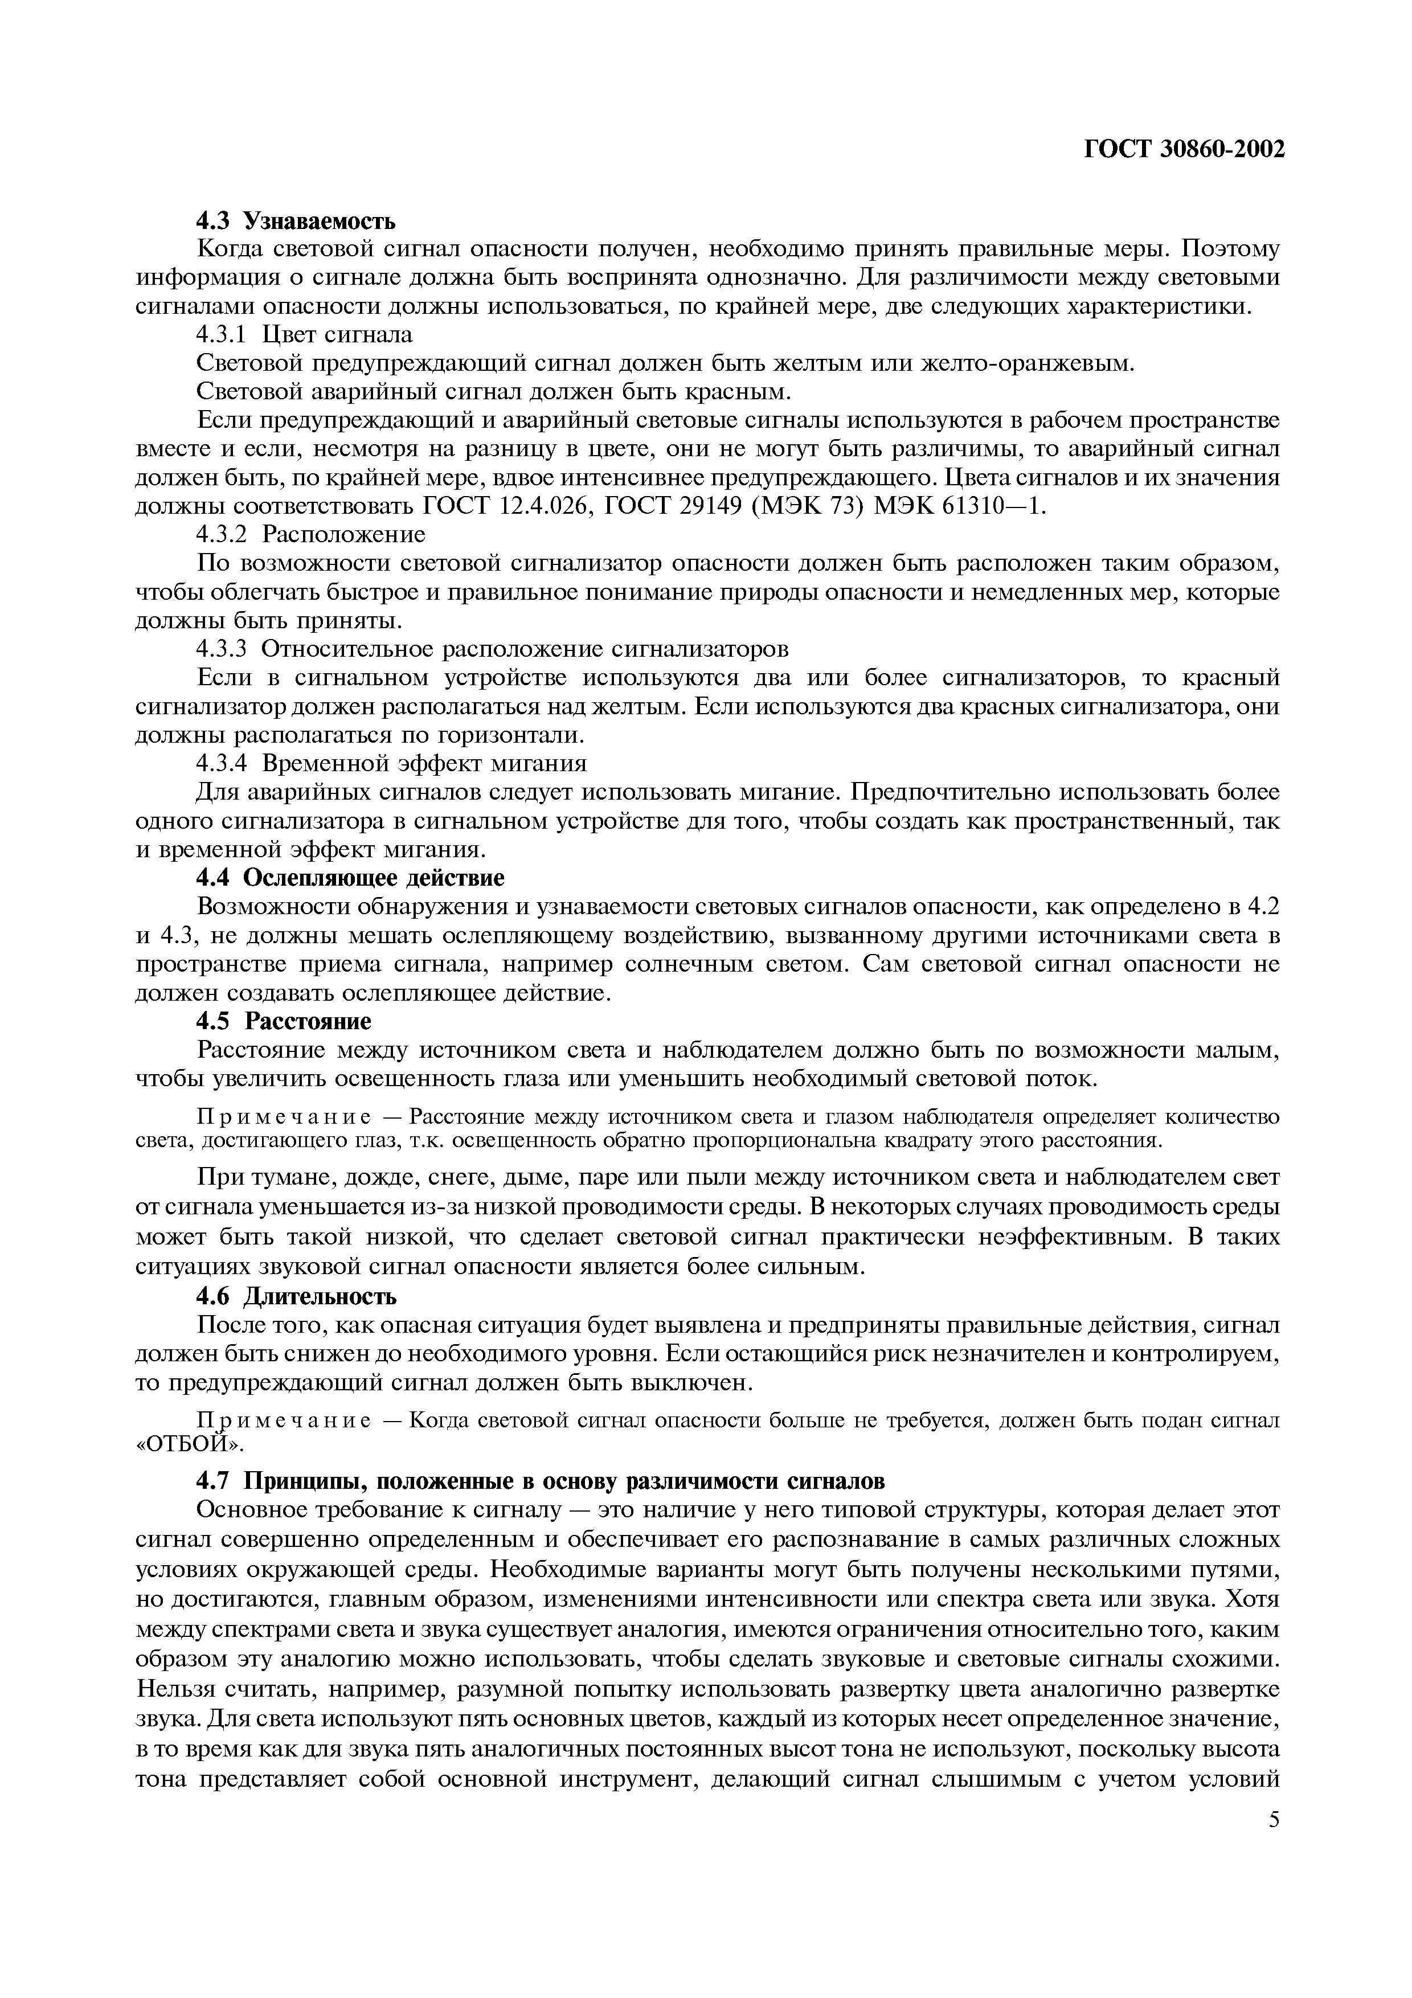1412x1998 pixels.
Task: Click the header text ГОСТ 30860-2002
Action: tap(1184, 150)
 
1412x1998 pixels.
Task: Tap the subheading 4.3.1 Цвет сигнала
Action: tap(305, 334)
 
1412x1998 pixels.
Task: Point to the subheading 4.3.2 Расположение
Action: tap(310, 533)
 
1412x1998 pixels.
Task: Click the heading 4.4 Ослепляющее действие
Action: tap(350, 877)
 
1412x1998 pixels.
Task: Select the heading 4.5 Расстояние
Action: tap(284, 1020)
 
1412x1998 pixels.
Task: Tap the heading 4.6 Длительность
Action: tap(296, 1297)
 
